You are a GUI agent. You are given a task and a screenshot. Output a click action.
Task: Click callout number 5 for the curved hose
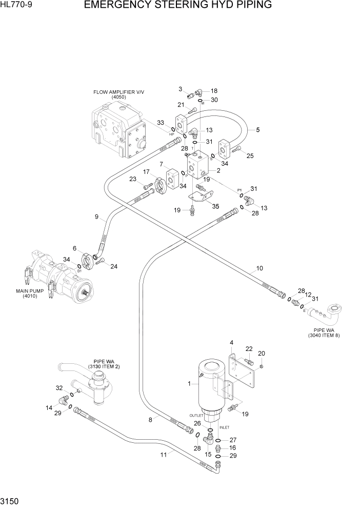coord(257,130)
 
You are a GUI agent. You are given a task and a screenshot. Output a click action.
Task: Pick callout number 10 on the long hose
coord(259,268)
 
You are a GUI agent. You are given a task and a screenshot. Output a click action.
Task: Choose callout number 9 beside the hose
coord(96,217)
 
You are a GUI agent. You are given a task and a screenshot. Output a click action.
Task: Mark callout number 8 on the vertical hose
coord(150,419)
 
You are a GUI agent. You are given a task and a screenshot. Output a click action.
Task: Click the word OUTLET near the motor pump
coord(196,415)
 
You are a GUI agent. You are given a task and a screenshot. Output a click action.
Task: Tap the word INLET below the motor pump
coord(224,427)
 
